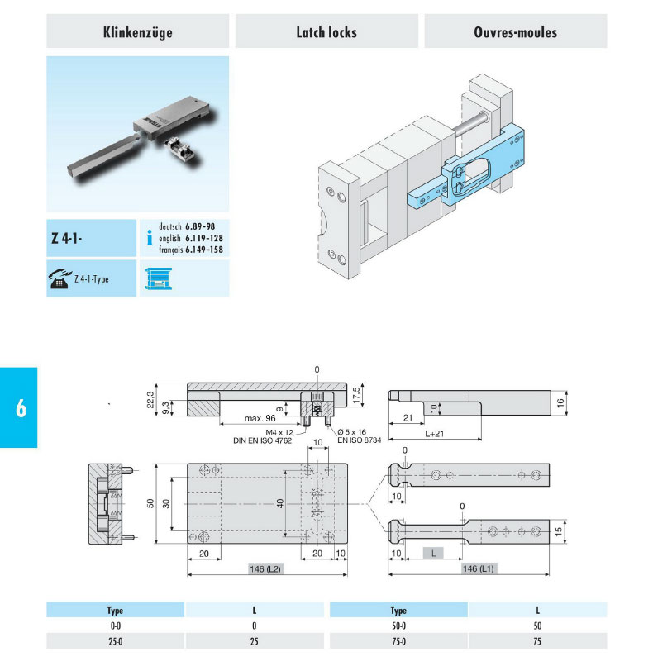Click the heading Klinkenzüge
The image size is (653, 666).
(x=137, y=32)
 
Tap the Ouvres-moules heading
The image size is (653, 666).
(x=515, y=32)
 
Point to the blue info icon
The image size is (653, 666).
(x=149, y=238)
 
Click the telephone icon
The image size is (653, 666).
(x=60, y=279)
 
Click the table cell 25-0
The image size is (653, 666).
(x=115, y=640)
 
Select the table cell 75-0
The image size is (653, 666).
(x=398, y=640)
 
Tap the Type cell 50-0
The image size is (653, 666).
(x=398, y=626)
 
